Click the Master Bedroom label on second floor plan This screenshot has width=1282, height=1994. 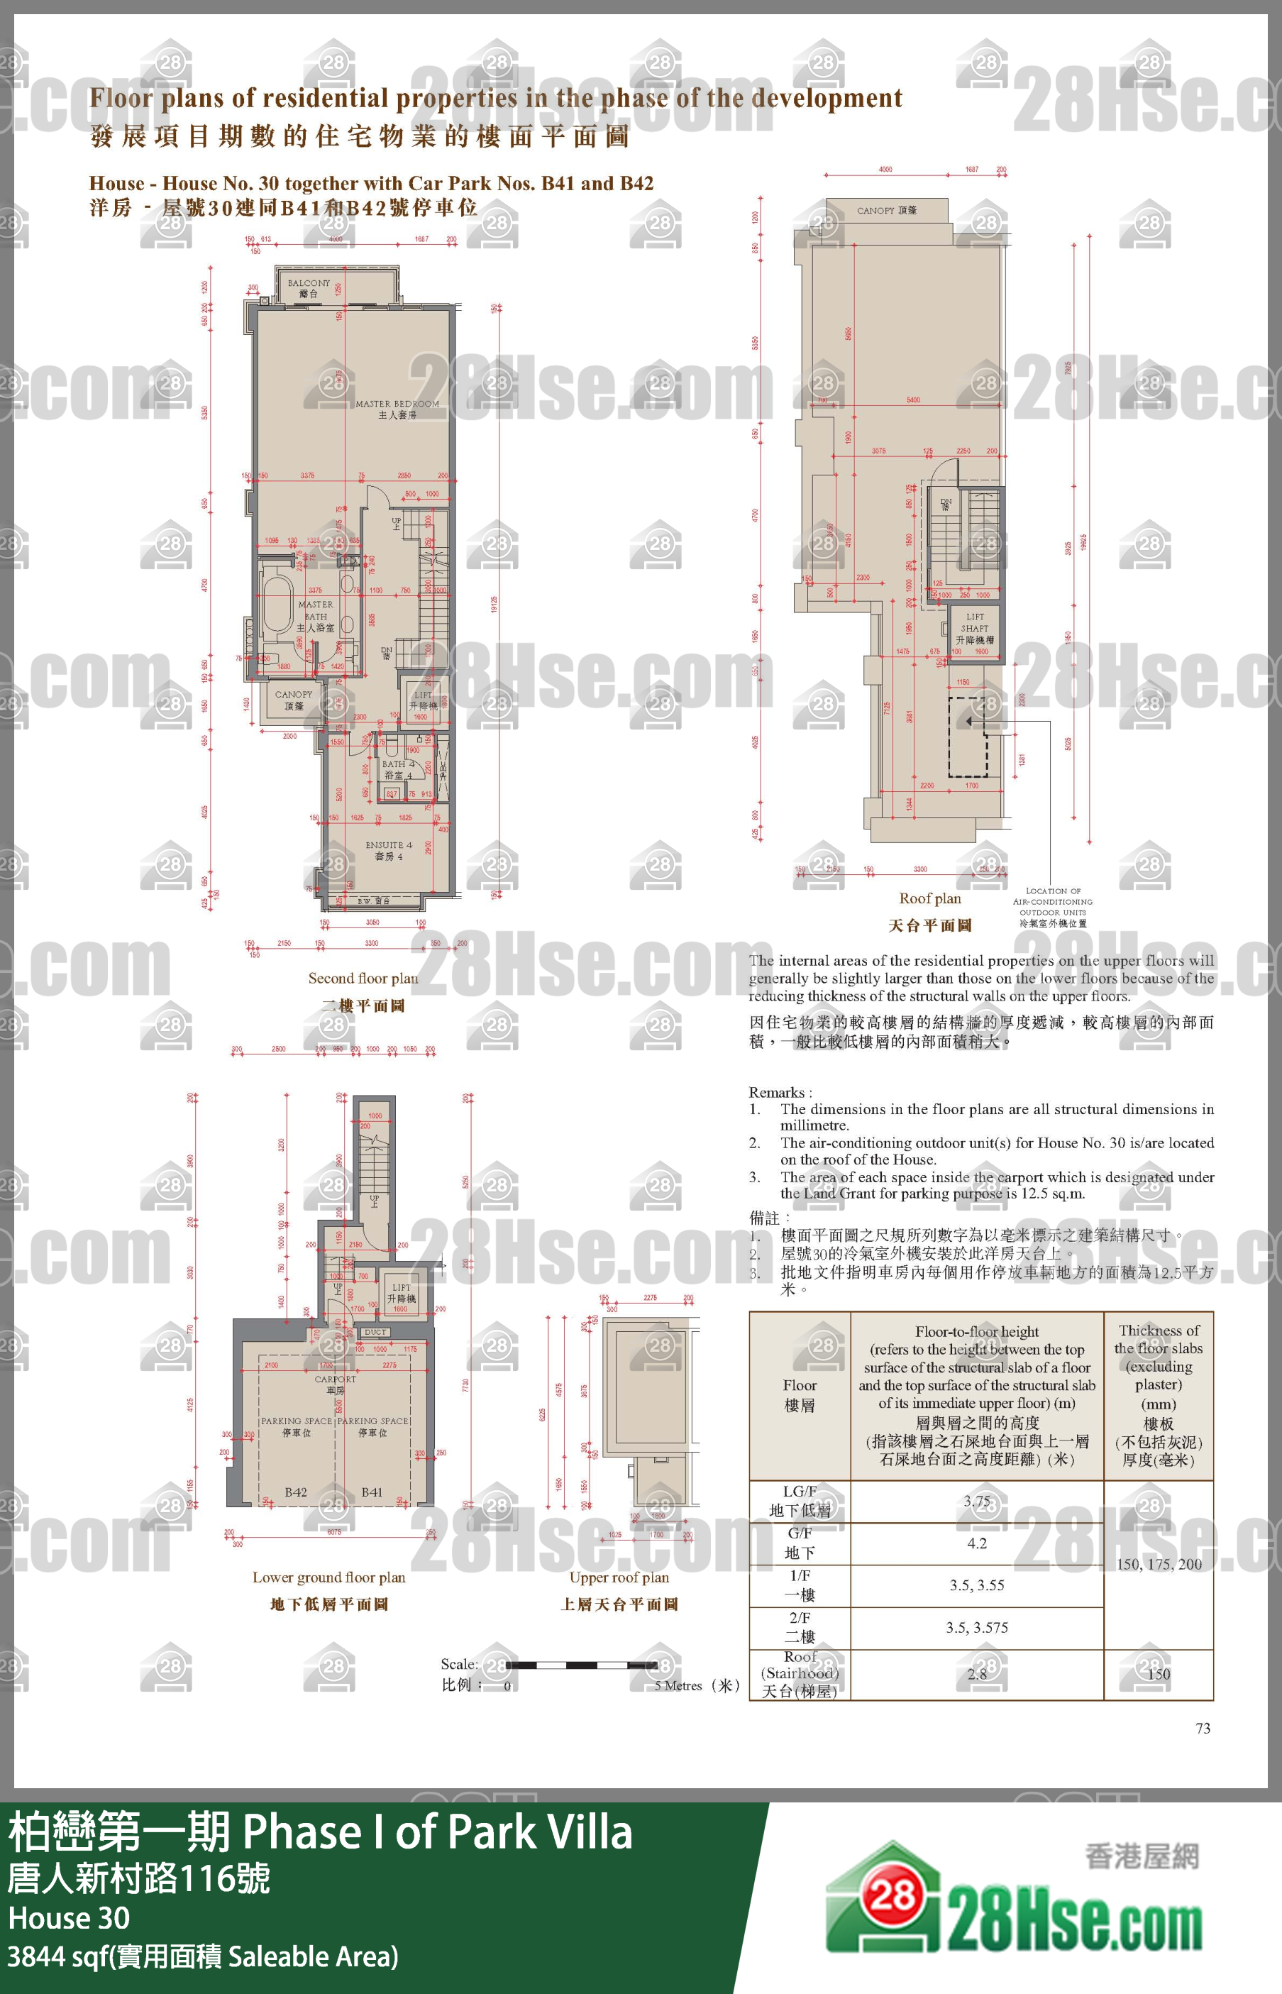(x=397, y=409)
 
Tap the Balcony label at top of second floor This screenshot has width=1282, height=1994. (x=309, y=288)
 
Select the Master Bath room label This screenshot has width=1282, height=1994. (x=316, y=616)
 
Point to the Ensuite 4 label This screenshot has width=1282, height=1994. (x=389, y=850)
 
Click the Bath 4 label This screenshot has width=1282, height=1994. (x=398, y=769)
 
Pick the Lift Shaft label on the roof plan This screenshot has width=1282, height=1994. (x=975, y=628)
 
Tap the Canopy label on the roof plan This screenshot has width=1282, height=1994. (x=887, y=211)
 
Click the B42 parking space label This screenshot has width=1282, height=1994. (x=296, y=1492)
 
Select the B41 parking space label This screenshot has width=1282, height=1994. (x=372, y=1492)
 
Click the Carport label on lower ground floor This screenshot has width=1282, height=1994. (x=336, y=1384)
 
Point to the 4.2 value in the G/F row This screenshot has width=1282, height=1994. (x=976, y=1543)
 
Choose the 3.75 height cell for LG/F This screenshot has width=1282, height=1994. (x=976, y=1501)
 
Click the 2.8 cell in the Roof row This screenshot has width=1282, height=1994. (x=976, y=1673)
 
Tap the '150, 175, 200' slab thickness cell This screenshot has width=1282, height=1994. (x=1159, y=1563)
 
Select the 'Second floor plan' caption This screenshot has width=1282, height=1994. (x=363, y=979)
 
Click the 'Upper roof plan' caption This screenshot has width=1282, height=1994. (x=619, y=1577)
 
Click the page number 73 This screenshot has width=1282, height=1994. (x=1203, y=1729)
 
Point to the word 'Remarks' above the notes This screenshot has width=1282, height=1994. (x=778, y=1092)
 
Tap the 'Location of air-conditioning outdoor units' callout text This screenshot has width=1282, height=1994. (x=1052, y=907)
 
